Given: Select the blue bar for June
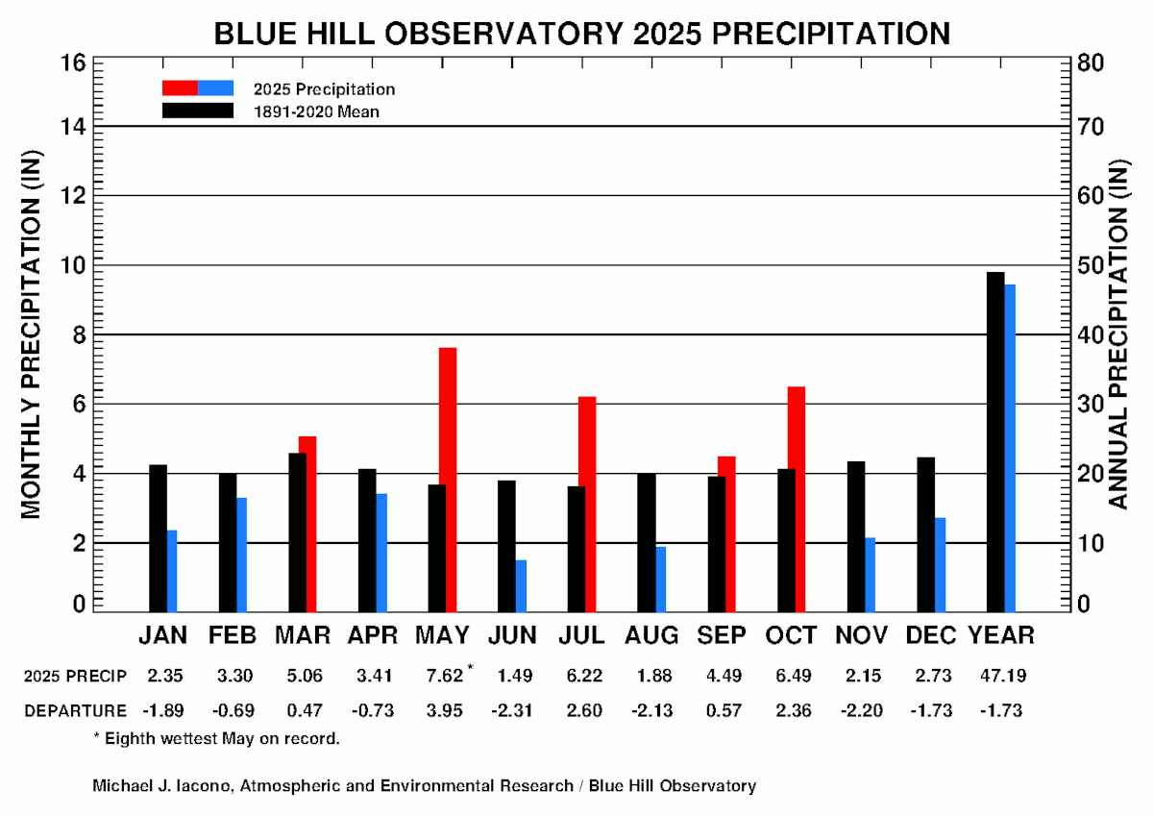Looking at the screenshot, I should [x=521, y=585].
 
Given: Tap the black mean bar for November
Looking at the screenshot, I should [x=856, y=535].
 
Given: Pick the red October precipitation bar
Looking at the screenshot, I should [x=797, y=498].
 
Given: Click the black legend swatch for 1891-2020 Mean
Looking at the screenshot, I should [x=197, y=111].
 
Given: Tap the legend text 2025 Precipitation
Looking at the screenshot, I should [x=325, y=88].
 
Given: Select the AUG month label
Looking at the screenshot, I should [x=651, y=635].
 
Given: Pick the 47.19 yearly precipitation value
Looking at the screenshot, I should [x=1001, y=676].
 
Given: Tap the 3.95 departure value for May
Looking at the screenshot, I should [x=444, y=710].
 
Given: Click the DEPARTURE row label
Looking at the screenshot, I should [x=75, y=710].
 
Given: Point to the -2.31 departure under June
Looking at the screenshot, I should [x=513, y=710].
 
